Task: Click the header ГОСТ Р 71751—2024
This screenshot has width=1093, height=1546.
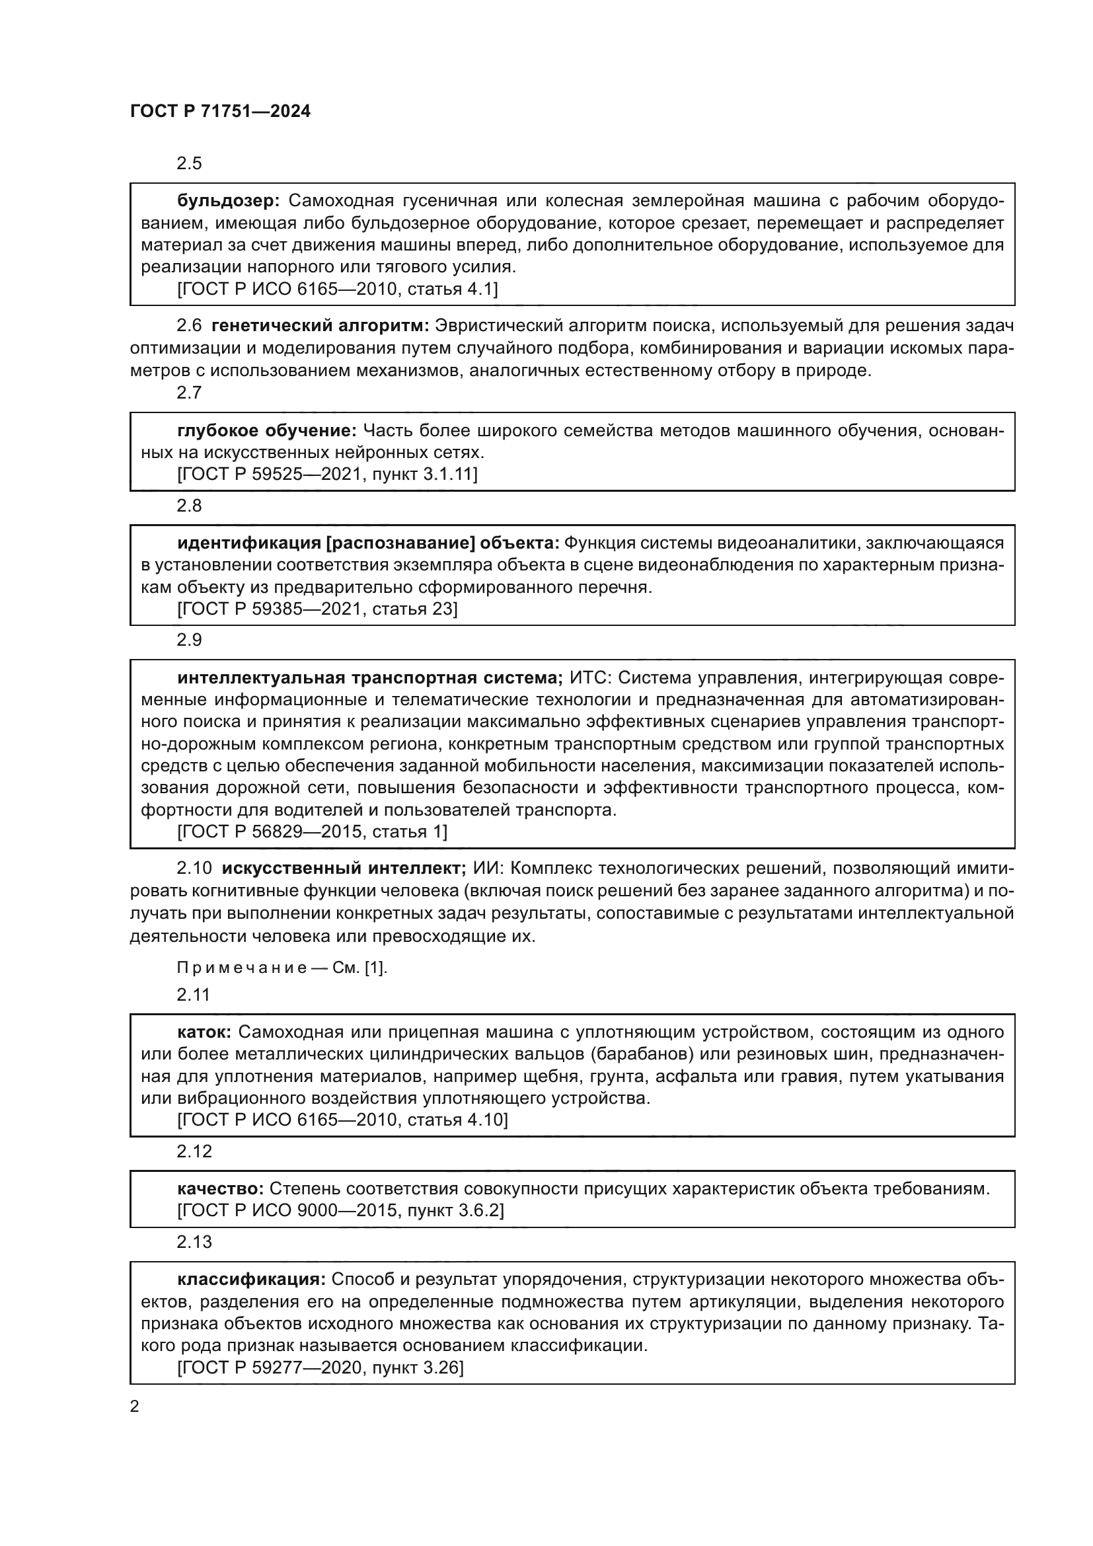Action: click(220, 112)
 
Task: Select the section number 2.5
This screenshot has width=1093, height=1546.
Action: click(189, 164)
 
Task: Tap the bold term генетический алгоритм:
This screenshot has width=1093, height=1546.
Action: click(320, 326)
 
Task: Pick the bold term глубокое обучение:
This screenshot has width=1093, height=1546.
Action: click(266, 430)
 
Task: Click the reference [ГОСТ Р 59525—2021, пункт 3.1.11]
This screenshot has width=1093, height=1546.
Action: click(327, 475)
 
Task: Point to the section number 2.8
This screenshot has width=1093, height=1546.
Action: click(189, 506)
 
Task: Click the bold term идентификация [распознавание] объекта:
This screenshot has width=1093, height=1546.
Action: click(368, 543)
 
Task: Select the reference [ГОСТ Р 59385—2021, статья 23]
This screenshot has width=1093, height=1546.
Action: click(317, 609)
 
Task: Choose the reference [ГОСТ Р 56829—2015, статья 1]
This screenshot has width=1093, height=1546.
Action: click(313, 832)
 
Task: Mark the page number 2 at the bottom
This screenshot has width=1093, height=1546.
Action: click(135, 1407)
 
